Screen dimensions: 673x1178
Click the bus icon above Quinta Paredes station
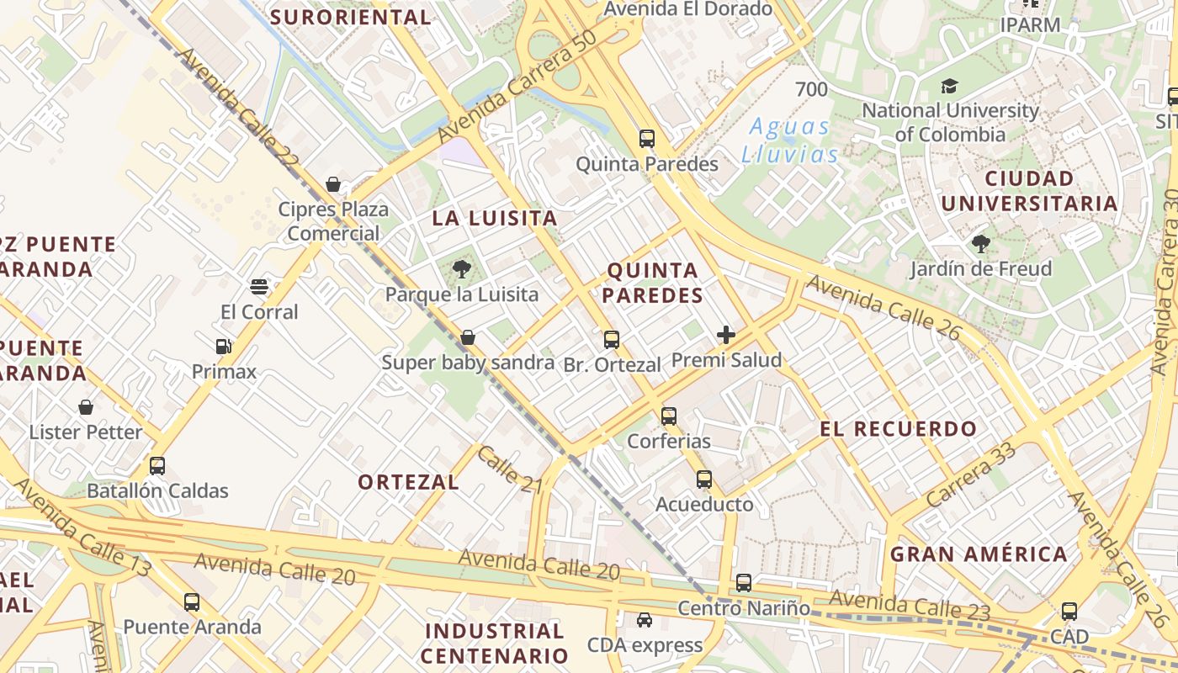pos(646,139)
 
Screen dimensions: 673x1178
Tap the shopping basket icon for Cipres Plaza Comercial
pos(333,184)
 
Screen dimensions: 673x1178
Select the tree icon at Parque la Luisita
pos(461,269)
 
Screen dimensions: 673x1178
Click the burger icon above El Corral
pos(259,287)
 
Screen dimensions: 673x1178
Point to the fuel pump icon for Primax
pos(223,347)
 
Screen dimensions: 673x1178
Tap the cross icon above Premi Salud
pos(726,335)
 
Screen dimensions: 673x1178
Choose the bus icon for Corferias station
pos(669,416)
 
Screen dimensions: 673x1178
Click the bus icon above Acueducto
pos(704,480)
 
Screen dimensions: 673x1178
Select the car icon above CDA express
pos(645,620)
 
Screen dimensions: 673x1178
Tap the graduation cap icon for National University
pos(950,86)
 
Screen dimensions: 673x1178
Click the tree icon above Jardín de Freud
pos(980,244)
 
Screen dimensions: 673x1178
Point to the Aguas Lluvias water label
pos(789,140)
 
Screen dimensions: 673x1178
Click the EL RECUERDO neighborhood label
pos(899,429)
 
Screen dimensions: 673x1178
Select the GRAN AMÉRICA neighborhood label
pos(979,554)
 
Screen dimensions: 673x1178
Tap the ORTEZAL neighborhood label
pos(408,482)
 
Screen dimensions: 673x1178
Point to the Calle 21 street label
pos(510,469)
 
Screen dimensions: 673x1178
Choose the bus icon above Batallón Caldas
pos(157,466)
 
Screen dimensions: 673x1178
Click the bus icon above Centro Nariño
pos(744,582)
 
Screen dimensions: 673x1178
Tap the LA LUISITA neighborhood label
pos(495,219)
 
